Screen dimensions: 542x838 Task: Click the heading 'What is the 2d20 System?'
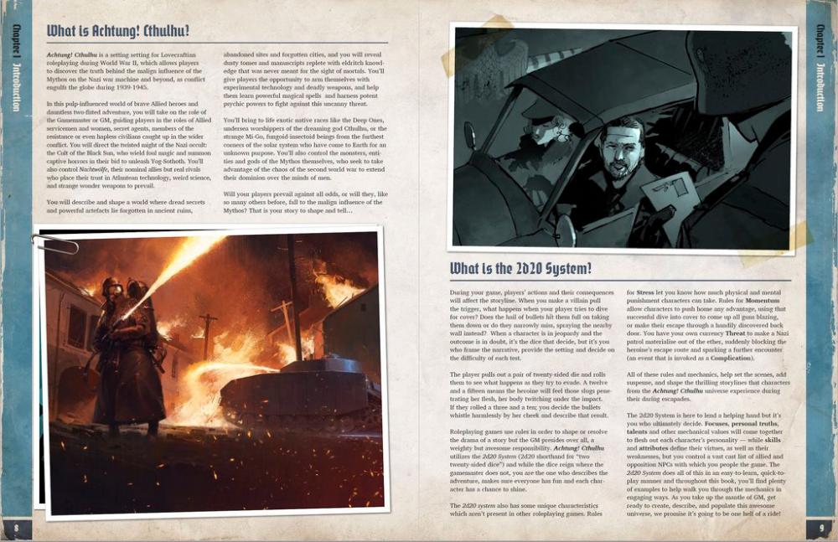click(x=520, y=269)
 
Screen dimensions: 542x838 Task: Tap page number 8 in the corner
click(x=16, y=528)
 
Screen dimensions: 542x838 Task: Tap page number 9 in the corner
click(x=820, y=528)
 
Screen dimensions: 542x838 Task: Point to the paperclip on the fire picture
click(x=54, y=244)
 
